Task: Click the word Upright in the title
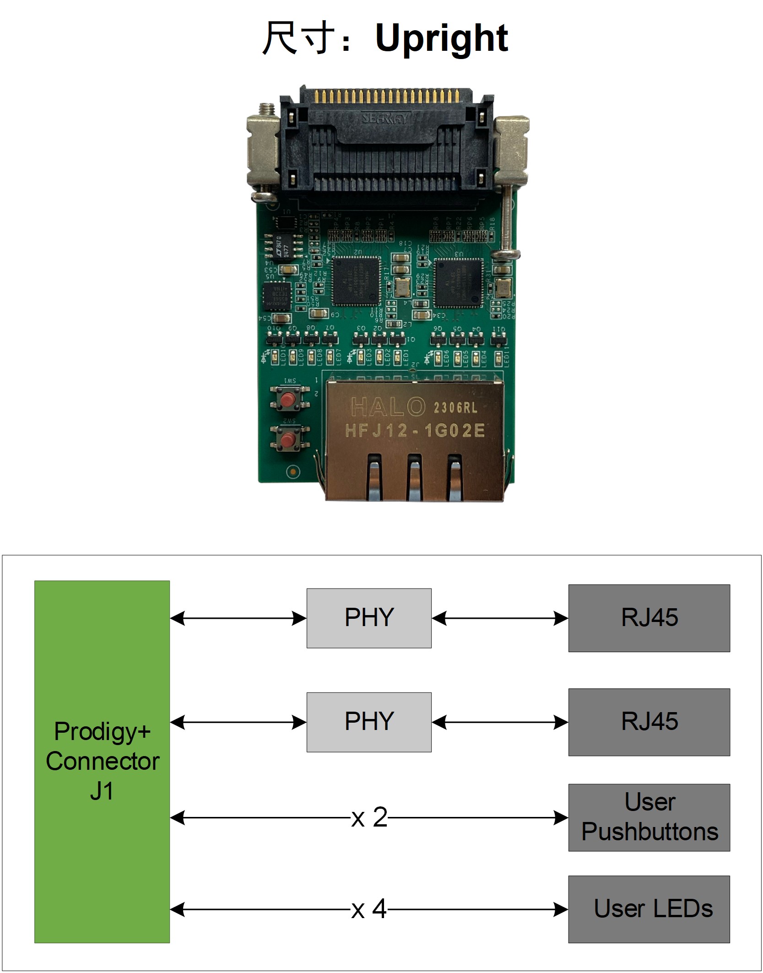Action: (x=441, y=38)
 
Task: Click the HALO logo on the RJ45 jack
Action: (x=388, y=407)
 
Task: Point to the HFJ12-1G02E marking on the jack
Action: (x=415, y=431)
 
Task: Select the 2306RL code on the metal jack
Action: (x=455, y=407)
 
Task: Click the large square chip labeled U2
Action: (x=357, y=281)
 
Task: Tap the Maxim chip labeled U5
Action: (x=276, y=295)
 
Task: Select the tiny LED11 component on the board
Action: (x=498, y=358)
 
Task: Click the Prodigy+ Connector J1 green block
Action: (x=102, y=762)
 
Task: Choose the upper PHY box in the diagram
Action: (x=369, y=618)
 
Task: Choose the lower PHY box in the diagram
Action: (x=369, y=722)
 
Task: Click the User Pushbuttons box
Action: (x=649, y=817)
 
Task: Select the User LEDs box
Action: (x=649, y=909)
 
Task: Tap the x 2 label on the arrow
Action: (x=369, y=818)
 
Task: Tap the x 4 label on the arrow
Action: (x=369, y=909)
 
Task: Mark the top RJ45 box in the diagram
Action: (x=649, y=618)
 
